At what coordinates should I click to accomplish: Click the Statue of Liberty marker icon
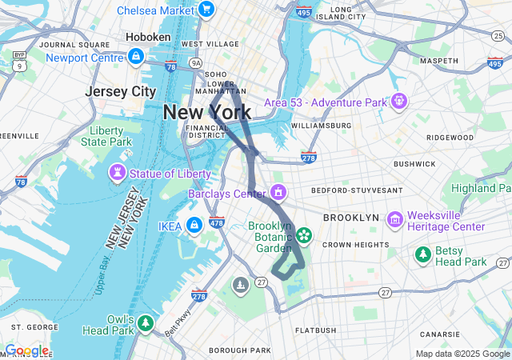(x=118, y=172)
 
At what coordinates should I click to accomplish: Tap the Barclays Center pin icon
(x=278, y=193)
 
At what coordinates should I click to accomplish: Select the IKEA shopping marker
(x=193, y=226)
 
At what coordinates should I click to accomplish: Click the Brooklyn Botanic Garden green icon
(x=303, y=235)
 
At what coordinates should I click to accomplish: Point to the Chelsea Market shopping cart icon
(x=206, y=10)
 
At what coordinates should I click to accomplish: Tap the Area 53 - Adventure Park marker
(x=398, y=102)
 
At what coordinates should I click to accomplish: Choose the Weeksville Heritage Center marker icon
(x=394, y=220)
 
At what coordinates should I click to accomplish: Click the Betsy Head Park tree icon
(x=422, y=254)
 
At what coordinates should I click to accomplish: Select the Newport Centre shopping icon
(x=135, y=57)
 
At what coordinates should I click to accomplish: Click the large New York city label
(x=206, y=112)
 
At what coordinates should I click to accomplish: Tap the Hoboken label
(x=147, y=37)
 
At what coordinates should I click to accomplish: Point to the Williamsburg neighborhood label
(x=322, y=126)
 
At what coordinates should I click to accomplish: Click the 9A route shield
(x=196, y=62)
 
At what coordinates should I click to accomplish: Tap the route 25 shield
(x=498, y=36)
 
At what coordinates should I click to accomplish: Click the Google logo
(x=26, y=350)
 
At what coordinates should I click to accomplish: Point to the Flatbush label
(x=315, y=330)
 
